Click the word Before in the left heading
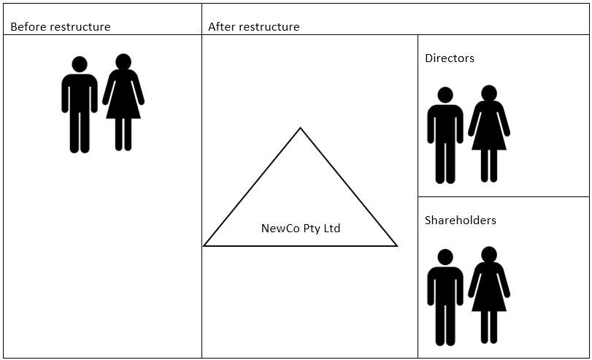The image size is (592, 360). [x=28, y=27]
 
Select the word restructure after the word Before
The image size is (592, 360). [x=80, y=27]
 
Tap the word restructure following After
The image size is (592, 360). [x=269, y=27]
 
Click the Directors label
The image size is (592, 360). [x=450, y=58]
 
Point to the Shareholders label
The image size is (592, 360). [x=461, y=221]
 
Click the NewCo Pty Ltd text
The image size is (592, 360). [x=301, y=229]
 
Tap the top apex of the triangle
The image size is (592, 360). [x=301, y=128]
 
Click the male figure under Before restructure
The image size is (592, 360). [x=80, y=104]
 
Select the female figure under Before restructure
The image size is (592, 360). [x=123, y=102]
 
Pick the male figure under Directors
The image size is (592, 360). [x=445, y=135]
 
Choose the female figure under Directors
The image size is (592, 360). [x=489, y=134]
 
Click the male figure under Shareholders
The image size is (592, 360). [x=445, y=297]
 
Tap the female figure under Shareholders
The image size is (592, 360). [x=489, y=296]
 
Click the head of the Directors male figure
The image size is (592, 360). [x=445, y=95]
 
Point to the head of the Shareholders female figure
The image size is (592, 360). [x=489, y=254]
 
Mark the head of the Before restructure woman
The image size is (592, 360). [x=123, y=61]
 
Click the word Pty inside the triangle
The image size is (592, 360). [x=312, y=229]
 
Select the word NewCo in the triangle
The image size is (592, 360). [x=281, y=229]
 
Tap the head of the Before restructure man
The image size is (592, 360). [x=80, y=64]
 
